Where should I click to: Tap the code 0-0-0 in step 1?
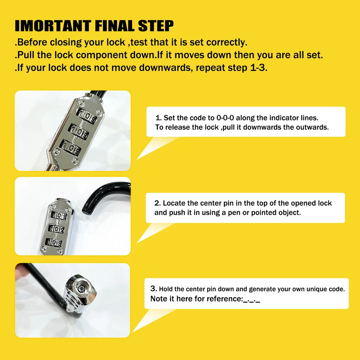click(226, 118)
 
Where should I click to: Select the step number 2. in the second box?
click(157, 203)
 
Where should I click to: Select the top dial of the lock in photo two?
click(60, 215)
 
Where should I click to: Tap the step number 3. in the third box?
click(153, 289)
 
